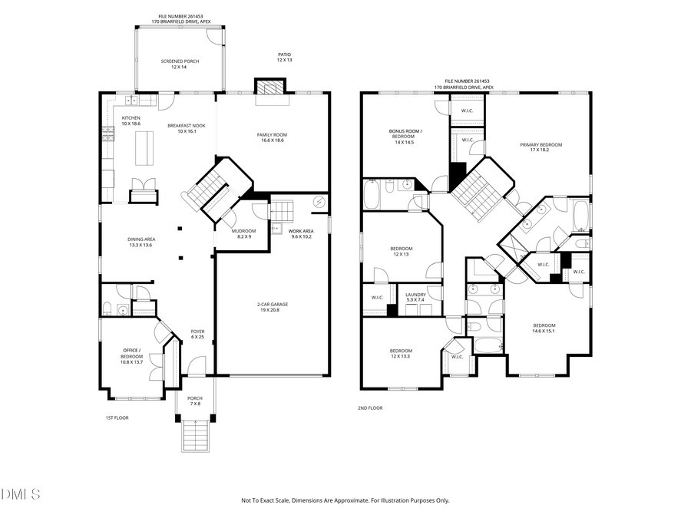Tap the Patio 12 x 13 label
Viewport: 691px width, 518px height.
coord(285,57)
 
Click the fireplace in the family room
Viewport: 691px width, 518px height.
coord(269,89)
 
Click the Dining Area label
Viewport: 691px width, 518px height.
coord(140,242)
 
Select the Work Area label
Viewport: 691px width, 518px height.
coord(301,233)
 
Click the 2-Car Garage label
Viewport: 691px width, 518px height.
coord(273,307)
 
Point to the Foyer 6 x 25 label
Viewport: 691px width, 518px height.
coord(197,334)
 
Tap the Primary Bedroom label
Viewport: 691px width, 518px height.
coord(541,147)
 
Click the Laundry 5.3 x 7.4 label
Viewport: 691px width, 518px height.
coord(417,296)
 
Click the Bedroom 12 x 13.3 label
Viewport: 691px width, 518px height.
coord(401,353)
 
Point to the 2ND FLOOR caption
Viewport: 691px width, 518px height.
coord(370,408)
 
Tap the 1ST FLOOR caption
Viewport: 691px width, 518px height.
coord(117,417)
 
